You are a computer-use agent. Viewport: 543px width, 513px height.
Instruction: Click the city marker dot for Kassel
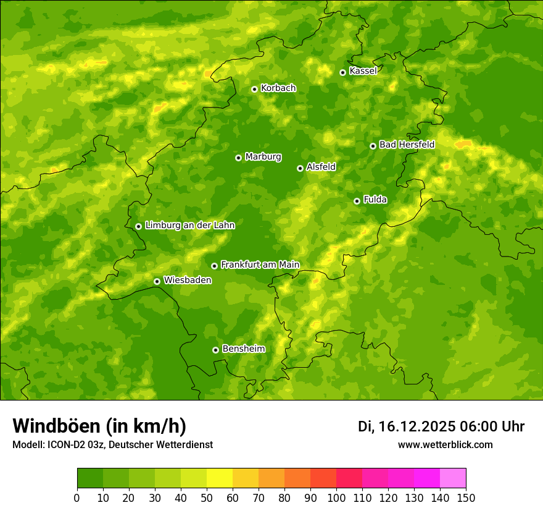click(342, 72)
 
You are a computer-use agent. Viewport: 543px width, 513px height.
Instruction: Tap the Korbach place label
click(278, 88)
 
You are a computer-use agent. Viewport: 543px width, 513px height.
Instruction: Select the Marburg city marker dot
click(238, 158)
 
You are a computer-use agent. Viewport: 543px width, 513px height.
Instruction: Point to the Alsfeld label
click(321, 167)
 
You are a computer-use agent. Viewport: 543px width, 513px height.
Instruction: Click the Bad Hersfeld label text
click(407, 145)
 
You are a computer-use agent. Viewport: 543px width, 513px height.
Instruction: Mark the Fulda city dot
click(357, 201)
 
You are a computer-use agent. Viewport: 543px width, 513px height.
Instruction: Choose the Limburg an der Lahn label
click(189, 226)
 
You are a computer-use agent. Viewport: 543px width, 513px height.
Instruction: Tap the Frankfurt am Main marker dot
click(214, 266)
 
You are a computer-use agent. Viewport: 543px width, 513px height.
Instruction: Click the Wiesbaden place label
click(188, 280)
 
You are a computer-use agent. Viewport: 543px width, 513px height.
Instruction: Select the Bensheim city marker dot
click(215, 350)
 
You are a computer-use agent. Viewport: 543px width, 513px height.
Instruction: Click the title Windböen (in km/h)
click(99, 426)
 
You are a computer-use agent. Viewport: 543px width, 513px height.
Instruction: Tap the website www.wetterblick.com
click(445, 444)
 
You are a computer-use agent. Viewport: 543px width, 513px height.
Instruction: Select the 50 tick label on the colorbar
click(207, 498)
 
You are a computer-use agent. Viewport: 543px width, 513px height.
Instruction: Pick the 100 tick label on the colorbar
click(336, 498)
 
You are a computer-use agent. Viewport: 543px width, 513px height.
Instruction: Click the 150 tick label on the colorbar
click(466, 498)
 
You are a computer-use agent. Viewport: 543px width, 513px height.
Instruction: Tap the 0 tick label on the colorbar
click(77, 498)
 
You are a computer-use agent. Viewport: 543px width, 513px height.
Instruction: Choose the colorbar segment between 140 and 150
click(453, 478)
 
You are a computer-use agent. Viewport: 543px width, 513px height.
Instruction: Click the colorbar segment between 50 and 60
click(220, 478)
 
